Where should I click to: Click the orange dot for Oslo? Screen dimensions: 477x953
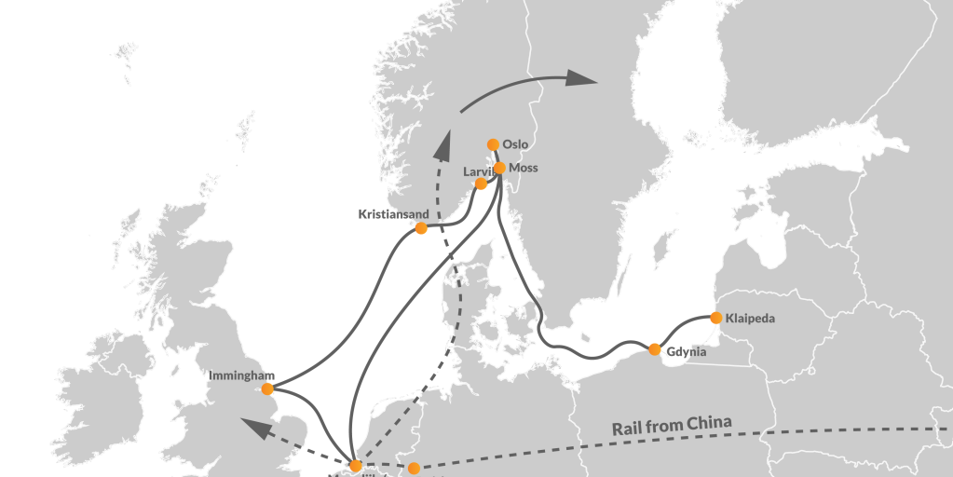[x=493, y=144]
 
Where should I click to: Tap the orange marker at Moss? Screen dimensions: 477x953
[x=499, y=168]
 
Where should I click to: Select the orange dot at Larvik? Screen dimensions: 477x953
[x=481, y=184]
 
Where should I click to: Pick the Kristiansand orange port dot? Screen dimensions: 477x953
[x=421, y=228]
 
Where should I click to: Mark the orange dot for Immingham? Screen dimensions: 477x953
[x=267, y=388]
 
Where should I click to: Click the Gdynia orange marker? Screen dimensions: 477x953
[x=655, y=349]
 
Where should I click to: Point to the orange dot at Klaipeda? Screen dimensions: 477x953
[x=715, y=318]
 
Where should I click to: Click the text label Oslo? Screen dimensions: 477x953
[x=515, y=144]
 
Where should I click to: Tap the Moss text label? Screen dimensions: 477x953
[x=524, y=168]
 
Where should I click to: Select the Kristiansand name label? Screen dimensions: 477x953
[x=394, y=214]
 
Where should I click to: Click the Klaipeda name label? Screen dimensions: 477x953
[x=750, y=319]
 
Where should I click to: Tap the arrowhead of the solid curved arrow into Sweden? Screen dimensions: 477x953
[x=582, y=78]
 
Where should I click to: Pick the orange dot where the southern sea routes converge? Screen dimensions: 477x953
[x=355, y=465]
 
